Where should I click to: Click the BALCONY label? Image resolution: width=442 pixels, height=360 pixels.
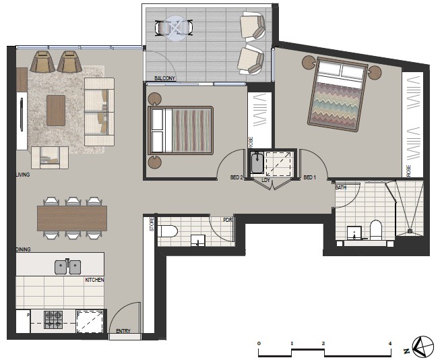(x=164, y=78)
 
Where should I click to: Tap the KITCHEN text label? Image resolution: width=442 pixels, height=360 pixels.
(x=95, y=280)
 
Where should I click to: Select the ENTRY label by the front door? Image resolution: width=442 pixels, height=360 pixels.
(x=123, y=331)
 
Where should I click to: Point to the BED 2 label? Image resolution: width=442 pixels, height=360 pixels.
(x=236, y=177)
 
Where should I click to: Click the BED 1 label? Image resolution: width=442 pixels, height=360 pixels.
(x=309, y=177)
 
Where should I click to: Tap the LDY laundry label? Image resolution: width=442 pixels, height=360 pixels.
(x=266, y=180)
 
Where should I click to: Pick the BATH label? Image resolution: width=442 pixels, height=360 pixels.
(x=341, y=187)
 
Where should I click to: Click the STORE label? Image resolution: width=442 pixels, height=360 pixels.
(x=152, y=224)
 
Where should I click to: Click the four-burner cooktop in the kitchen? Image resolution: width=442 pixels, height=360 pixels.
(x=53, y=320)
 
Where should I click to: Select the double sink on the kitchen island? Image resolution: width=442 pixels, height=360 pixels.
(x=68, y=267)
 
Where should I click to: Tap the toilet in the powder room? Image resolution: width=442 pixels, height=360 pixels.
(x=168, y=232)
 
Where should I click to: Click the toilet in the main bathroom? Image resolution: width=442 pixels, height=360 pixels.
(x=376, y=230)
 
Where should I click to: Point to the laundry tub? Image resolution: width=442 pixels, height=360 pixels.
(x=257, y=162)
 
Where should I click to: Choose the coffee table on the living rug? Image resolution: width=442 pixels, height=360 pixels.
(x=56, y=111)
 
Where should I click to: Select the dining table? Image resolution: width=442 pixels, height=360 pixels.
(x=72, y=218)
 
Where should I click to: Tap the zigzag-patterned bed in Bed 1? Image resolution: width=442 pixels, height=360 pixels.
(x=338, y=94)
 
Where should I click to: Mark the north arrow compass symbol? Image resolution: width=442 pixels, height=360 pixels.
(x=423, y=347)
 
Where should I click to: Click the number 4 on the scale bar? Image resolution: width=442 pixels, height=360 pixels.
(x=390, y=343)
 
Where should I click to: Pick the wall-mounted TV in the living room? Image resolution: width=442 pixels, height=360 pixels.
(x=22, y=114)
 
